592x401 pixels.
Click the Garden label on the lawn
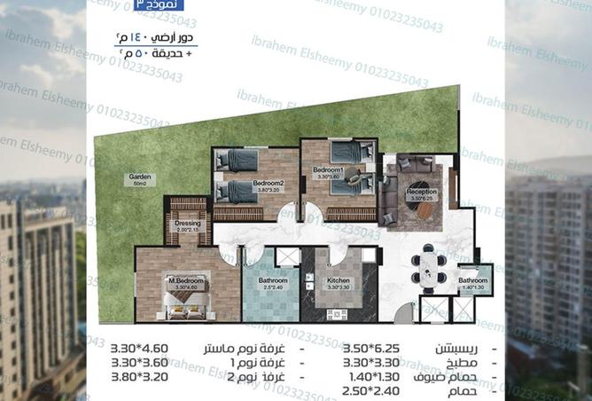[140, 178]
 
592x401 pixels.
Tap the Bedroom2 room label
[244, 183]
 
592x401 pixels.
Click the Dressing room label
[187, 224]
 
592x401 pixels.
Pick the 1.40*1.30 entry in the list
[371, 376]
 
